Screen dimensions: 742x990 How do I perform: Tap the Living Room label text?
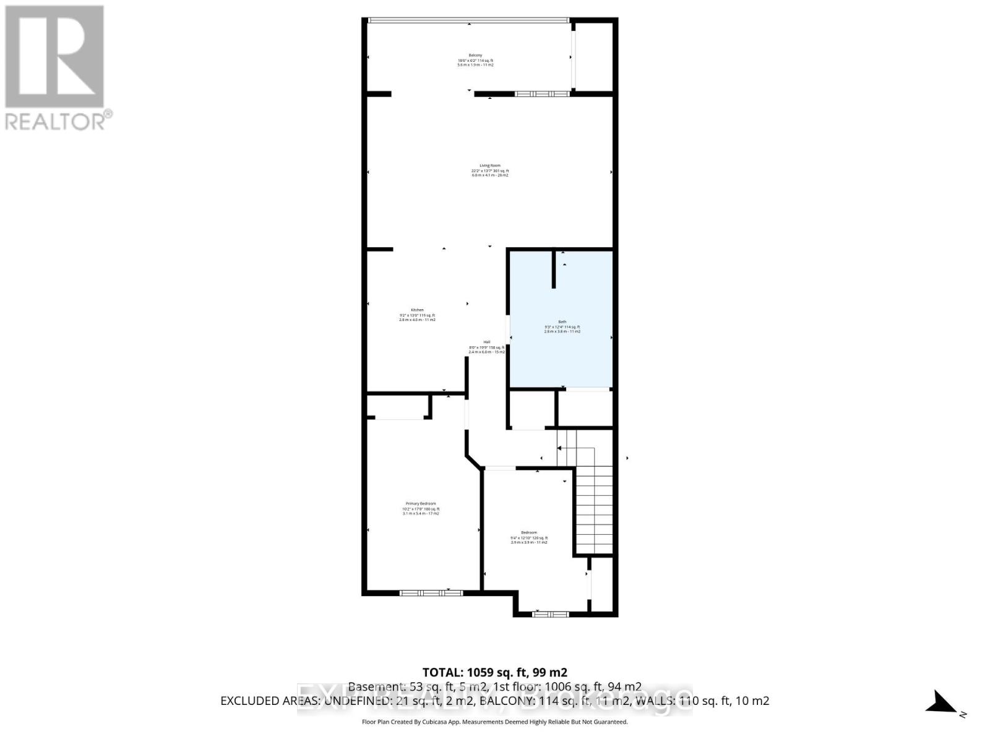pyautogui.click(x=489, y=170)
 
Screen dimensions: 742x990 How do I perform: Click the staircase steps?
pyautogui.click(x=594, y=507)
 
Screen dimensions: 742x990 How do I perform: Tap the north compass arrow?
pyautogui.click(x=942, y=703)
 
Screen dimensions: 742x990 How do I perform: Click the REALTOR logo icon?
pyautogui.click(x=54, y=57)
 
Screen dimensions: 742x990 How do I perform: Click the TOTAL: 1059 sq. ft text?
pyautogui.click(x=494, y=672)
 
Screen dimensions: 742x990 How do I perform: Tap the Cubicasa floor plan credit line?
pyautogui.click(x=494, y=722)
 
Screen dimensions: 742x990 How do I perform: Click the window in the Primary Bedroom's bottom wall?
pyautogui.click(x=431, y=593)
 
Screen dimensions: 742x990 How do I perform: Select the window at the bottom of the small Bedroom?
pyautogui.click(x=551, y=614)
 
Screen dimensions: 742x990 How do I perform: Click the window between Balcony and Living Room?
pyautogui.click(x=542, y=94)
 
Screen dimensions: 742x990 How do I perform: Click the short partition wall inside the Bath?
pyautogui.click(x=554, y=269)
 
